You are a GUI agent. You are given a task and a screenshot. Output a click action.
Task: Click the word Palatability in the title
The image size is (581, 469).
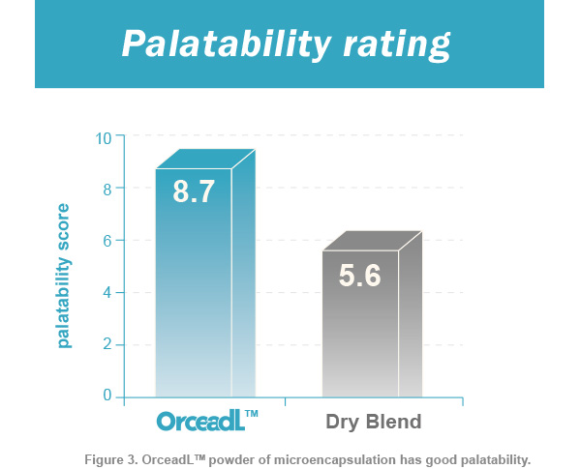pyautogui.click(x=226, y=44)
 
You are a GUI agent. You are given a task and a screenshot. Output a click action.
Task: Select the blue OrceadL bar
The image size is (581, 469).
pyautogui.click(x=205, y=274)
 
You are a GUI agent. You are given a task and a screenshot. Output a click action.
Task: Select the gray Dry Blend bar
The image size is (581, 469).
pyautogui.click(x=373, y=314)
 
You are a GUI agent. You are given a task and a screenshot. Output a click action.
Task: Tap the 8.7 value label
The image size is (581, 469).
pyautogui.click(x=194, y=191)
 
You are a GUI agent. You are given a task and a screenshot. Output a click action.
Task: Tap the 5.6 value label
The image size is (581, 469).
pyautogui.click(x=360, y=276)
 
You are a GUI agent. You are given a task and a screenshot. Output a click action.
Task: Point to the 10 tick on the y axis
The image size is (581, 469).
pyautogui.click(x=104, y=138)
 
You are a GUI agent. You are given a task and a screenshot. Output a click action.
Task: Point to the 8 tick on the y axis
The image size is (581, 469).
pyautogui.click(x=107, y=190)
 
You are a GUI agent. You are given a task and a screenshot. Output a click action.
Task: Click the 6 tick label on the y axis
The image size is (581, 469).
pyautogui.click(x=107, y=242)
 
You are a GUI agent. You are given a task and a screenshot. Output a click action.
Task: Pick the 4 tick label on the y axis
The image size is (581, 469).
pyautogui.click(x=107, y=293)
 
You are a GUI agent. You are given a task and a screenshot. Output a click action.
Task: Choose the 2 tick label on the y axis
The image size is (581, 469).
pyautogui.click(x=107, y=344)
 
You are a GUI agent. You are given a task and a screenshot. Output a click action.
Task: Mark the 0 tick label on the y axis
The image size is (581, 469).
pyautogui.click(x=107, y=396)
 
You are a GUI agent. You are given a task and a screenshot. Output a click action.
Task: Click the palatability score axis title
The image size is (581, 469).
pyautogui.click(x=63, y=276)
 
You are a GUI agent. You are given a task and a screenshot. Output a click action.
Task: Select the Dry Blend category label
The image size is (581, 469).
pyautogui.click(x=374, y=422)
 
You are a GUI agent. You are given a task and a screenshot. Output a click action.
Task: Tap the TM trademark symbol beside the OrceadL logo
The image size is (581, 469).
pyautogui.click(x=252, y=414)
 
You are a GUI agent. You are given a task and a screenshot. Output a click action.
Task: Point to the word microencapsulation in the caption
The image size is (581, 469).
pyautogui.click(x=335, y=460)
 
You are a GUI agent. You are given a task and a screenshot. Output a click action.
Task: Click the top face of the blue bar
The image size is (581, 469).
pyautogui.click(x=205, y=159)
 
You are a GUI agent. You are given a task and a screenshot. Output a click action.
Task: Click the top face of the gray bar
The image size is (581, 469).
pyautogui.click(x=373, y=241)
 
